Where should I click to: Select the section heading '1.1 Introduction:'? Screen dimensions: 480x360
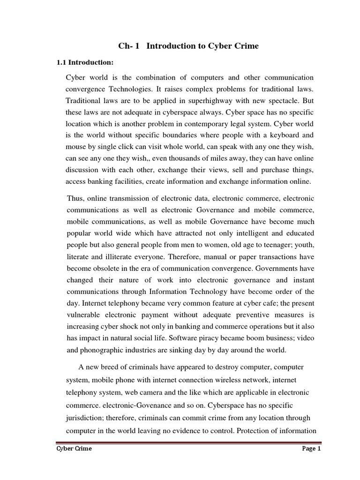coord(85,62)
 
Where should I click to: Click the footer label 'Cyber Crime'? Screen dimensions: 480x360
coord(72,449)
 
